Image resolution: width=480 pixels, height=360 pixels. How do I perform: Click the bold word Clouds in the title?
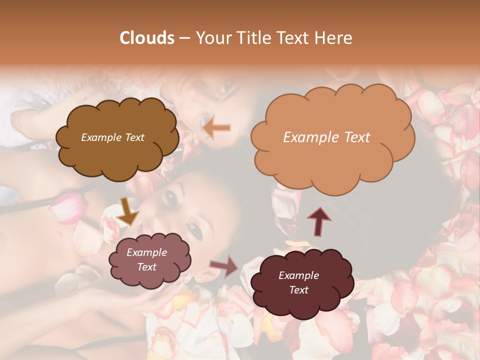coord(146,38)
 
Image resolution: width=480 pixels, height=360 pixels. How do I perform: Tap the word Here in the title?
coord(333,38)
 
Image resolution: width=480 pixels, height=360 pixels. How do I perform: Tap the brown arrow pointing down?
coord(127,211)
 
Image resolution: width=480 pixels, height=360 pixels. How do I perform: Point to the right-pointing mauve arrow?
coord(224,266)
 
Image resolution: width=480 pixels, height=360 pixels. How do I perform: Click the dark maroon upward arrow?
coord(318,221)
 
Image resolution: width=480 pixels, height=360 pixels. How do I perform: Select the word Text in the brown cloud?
coord(134,137)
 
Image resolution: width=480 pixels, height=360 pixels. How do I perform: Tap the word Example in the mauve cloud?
coord(146,252)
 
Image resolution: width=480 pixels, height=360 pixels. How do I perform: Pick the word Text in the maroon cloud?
coord(298,290)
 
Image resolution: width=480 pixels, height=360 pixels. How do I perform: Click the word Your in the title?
coord(214,38)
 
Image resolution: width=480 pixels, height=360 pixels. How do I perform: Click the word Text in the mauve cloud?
coord(146,267)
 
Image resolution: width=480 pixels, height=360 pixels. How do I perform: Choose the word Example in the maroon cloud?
coord(298,275)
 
